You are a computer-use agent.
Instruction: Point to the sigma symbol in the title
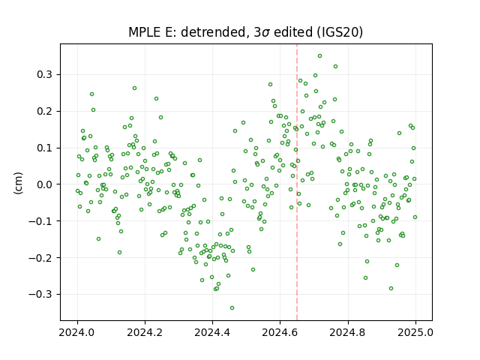tap(266, 33)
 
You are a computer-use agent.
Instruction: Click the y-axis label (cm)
tap(18, 183)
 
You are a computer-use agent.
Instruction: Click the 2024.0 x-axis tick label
tap(77, 332)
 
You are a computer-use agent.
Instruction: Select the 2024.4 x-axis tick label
tap(212, 332)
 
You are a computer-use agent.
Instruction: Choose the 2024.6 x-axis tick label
tap(280, 332)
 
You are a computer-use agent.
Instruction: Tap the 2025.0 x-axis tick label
tap(415, 332)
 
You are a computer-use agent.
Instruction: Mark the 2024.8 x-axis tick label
tap(347, 332)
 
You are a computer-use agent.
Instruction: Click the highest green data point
tap(319, 56)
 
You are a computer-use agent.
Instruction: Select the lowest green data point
tap(232, 308)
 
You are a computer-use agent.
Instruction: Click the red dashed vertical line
tap(297, 182)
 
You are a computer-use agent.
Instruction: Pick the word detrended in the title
tap(213, 31)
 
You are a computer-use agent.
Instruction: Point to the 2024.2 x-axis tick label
tap(145, 332)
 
